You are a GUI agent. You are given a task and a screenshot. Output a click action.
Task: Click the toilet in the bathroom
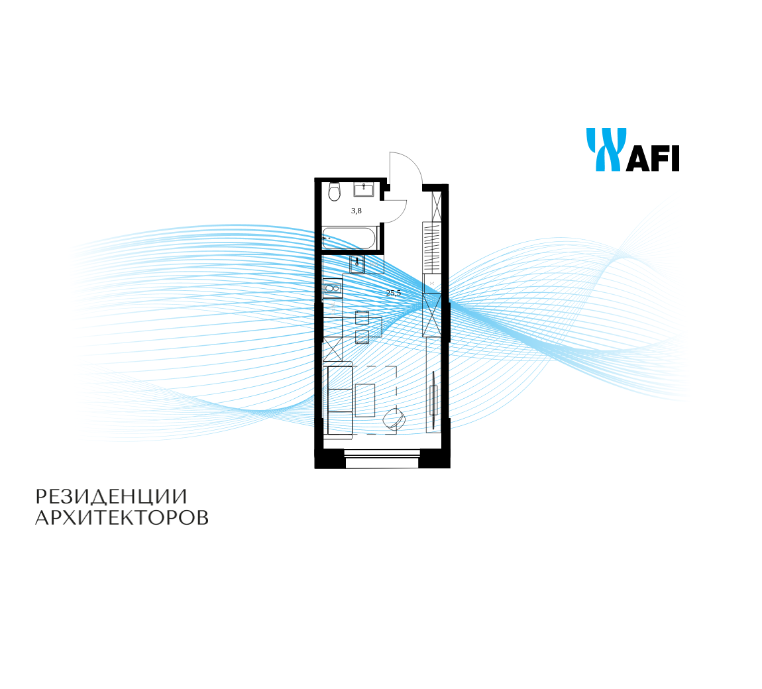(334, 192)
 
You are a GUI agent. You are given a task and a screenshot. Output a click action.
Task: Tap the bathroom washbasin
(364, 189)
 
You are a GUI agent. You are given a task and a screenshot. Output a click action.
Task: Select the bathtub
(349, 238)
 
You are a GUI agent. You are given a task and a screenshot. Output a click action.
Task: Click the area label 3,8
(356, 211)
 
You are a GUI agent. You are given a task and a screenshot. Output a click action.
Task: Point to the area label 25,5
(393, 293)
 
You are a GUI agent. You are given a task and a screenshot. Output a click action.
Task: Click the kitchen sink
(357, 264)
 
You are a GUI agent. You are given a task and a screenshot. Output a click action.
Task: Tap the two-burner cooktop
(333, 289)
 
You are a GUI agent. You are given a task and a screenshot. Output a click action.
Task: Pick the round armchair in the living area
(394, 418)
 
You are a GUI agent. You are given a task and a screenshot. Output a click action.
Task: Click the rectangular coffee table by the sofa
(365, 400)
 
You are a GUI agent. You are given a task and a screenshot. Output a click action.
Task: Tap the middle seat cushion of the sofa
(340, 400)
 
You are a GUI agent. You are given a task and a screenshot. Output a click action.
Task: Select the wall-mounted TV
(433, 394)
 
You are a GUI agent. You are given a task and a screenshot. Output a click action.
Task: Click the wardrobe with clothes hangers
(431, 247)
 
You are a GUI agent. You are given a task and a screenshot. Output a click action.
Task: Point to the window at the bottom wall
(382, 458)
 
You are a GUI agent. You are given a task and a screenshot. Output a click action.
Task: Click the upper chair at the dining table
(362, 318)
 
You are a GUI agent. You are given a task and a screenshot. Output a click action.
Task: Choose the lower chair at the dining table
(362, 337)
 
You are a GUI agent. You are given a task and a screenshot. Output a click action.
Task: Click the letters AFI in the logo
(652, 158)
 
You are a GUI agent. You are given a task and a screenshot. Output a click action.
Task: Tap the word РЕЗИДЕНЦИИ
(111, 497)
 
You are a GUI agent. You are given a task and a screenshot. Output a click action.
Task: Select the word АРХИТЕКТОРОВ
(122, 518)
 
